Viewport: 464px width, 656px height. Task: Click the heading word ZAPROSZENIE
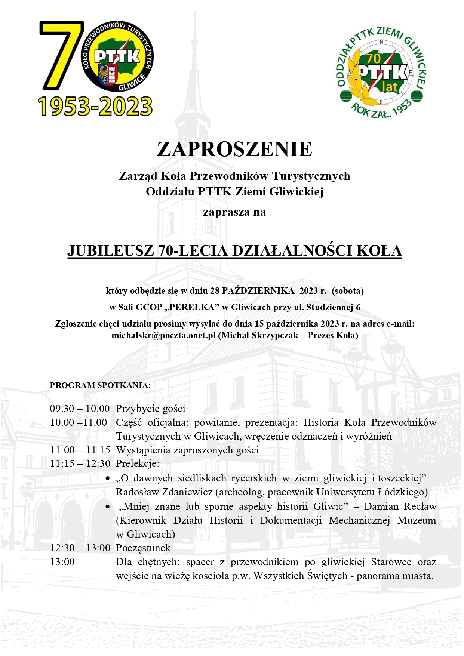pyautogui.click(x=234, y=149)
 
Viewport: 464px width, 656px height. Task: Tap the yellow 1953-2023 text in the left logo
pyautogui.click(x=95, y=106)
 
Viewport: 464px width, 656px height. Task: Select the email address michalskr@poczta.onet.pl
pyautogui.click(x=163, y=335)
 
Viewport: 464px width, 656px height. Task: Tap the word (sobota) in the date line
pyautogui.click(x=348, y=291)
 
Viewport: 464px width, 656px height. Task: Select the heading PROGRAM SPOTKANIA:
pyautogui.click(x=100, y=385)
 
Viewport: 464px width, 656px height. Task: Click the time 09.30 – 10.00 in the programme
pyautogui.click(x=80, y=409)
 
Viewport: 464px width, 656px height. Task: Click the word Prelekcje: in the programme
pyautogui.click(x=138, y=464)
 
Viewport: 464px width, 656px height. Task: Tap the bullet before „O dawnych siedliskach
pyautogui.click(x=108, y=478)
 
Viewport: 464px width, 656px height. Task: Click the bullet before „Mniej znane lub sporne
pyautogui.click(x=108, y=507)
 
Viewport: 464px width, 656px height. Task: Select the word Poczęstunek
pyautogui.click(x=143, y=548)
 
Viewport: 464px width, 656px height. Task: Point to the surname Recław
pyautogui.click(x=420, y=507)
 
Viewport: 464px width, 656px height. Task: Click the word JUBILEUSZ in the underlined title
pyautogui.click(x=110, y=251)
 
